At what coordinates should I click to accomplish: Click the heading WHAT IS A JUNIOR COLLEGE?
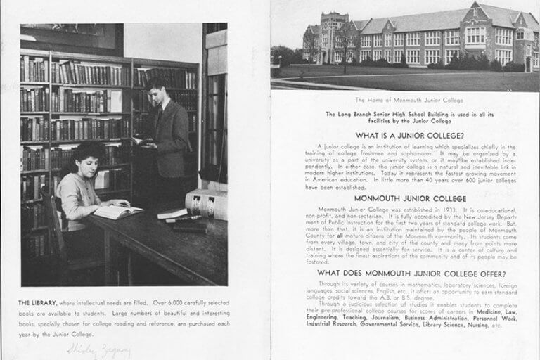(x=404, y=134)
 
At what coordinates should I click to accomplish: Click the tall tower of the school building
(x=333, y=35)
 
